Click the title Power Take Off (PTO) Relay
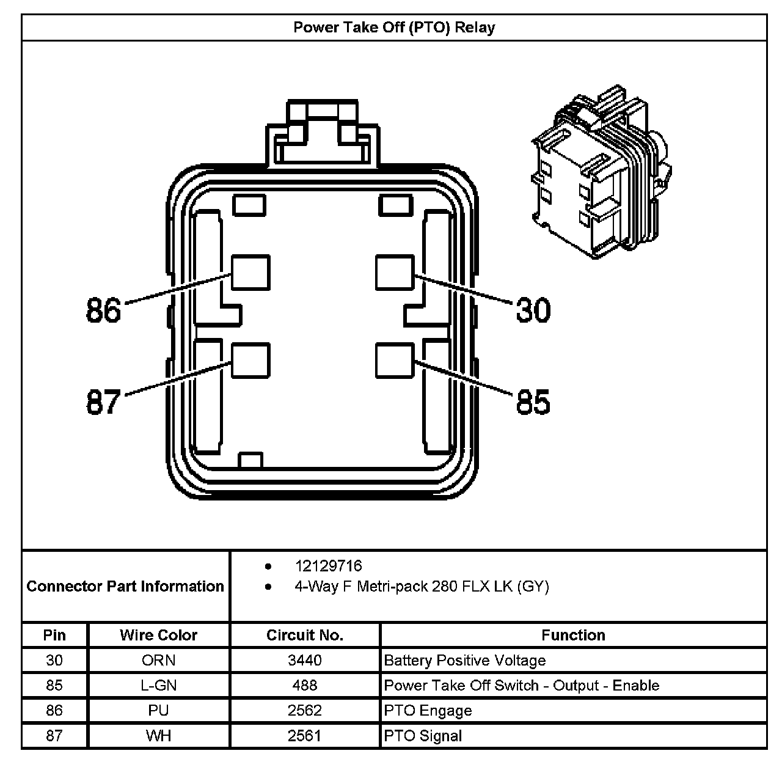pyautogui.click(x=394, y=28)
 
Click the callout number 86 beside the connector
pyautogui.click(x=104, y=310)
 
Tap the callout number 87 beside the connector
pyautogui.click(x=103, y=402)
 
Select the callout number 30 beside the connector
pyautogui.click(x=533, y=310)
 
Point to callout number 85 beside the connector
pyautogui.click(x=533, y=402)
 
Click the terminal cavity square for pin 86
pyautogui.click(x=250, y=273)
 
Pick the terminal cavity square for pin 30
pyautogui.click(x=395, y=273)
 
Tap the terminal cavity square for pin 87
pyautogui.click(x=250, y=361)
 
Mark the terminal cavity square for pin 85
pyautogui.click(x=395, y=361)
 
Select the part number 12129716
pyautogui.click(x=328, y=566)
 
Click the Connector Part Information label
pyautogui.click(x=125, y=587)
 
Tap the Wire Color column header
pyautogui.click(x=159, y=635)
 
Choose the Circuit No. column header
pyautogui.click(x=305, y=635)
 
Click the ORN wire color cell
pyautogui.click(x=159, y=661)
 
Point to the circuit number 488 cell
pyautogui.click(x=305, y=686)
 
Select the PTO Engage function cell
pyautogui.click(x=428, y=711)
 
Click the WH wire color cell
pyautogui.click(x=159, y=736)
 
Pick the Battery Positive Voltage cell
pyautogui.click(x=464, y=661)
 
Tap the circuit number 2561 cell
pyautogui.click(x=305, y=736)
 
